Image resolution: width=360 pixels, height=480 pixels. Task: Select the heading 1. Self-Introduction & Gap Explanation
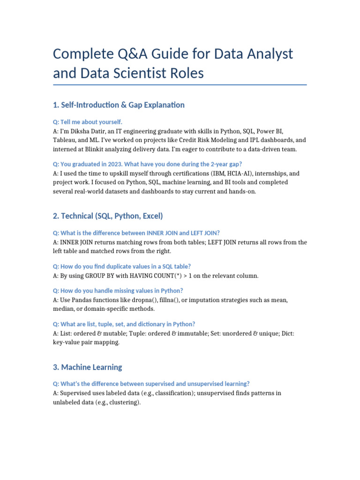tap(119, 105)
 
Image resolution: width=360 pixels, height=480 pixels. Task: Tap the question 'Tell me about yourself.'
tap(88, 122)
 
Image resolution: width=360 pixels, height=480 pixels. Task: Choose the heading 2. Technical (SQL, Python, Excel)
tap(108, 216)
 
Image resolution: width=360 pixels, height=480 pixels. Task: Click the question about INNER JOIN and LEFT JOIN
tap(136, 233)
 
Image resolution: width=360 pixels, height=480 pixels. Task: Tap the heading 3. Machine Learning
tap(88, 367)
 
